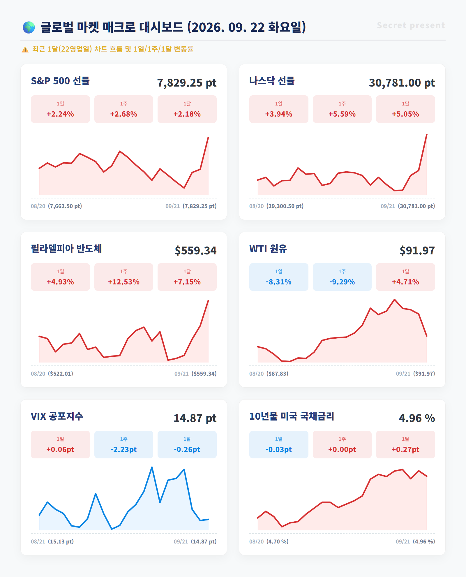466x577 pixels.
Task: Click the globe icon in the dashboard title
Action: pos(29,27)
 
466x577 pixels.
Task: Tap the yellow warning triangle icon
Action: pos(25,50)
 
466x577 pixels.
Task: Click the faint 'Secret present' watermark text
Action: pos(411,25)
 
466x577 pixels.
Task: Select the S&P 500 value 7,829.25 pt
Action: pos(187,83)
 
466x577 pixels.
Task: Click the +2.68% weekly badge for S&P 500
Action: pos(124,109)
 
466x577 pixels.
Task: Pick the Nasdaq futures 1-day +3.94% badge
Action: pos(279,109)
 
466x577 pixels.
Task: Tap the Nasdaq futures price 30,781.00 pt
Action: pos(402,83)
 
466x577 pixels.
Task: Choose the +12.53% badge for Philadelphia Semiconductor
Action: pos(124,277)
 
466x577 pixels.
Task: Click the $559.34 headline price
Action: pos(196,251)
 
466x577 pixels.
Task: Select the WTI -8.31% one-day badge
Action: pos(279,277)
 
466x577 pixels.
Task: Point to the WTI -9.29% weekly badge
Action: pos(342,277)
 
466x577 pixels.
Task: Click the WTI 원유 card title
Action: pos(268,249)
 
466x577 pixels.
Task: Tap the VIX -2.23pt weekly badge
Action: pos(124,444)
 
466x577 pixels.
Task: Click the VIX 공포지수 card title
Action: pos(57,416)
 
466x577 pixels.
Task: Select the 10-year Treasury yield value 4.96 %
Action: pos(417,418)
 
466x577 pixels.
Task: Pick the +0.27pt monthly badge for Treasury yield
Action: pos(405,444)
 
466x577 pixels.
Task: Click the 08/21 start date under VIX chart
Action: pos(38,541)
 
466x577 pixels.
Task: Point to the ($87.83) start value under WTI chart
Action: pos(277,374)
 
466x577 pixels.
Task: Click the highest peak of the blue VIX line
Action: pos(152,467)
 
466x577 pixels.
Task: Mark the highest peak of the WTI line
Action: pos(395,300)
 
